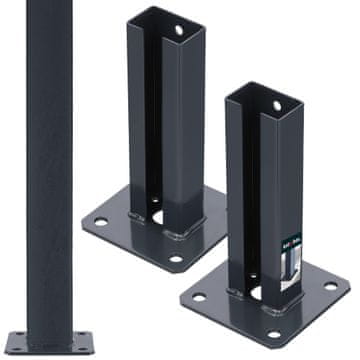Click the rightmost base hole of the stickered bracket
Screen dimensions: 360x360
tap(331, 287)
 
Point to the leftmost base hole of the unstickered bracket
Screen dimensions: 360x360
tap(99, 220)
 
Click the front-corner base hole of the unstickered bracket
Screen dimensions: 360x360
tap(177, 260)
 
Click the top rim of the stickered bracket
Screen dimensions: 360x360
tap(262, 92)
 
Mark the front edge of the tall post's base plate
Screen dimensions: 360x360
tap(50, 356)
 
